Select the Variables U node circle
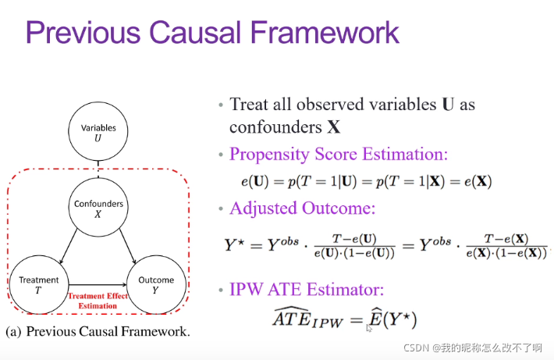(x=98, y=133)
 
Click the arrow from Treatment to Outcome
(x=98, y=284)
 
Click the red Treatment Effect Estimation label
(x=98, y=300)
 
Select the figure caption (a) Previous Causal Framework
(x=98, y=332)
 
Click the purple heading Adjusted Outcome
(x=303, y=209)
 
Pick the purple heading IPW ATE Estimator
(x=307, y=290)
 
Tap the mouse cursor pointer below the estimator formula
(x=369, y=329)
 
